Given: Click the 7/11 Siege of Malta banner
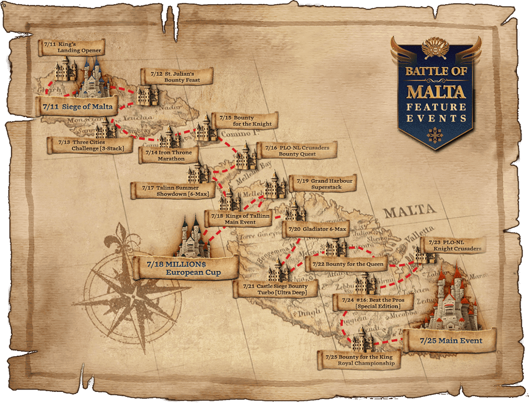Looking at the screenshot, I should [77, 106].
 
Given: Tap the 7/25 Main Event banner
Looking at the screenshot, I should [451, 341].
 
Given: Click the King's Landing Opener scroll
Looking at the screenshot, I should [72, 47].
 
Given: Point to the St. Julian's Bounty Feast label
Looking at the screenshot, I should [176, 77].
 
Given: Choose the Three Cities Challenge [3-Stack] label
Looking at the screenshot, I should [91, 145].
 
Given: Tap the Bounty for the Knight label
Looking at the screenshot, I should [245, 121].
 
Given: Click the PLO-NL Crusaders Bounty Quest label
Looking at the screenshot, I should [297, 151].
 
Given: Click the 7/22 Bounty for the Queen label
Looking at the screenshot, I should [347, 264].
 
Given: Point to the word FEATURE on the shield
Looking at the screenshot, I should [436, 107].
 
